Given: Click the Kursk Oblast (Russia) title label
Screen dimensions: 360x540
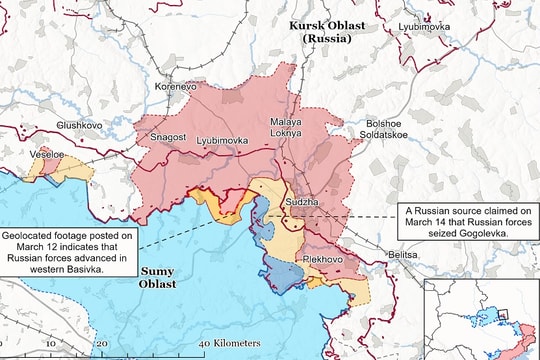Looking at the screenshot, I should click(328, 31).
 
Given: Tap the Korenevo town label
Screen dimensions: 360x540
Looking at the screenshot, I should click(178, 88).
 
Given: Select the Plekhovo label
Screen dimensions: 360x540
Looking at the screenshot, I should click(322, 258).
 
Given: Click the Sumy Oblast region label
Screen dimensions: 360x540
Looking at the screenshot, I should click(156, 277).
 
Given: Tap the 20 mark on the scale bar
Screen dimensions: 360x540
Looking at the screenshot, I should click(102, 342).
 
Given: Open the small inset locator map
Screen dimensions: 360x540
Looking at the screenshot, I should click(481, 318).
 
